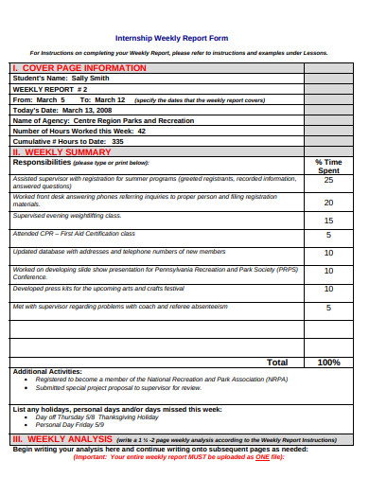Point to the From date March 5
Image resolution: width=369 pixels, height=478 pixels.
50,99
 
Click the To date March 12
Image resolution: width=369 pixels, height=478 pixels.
109,99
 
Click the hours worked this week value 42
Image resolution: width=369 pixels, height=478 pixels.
142,131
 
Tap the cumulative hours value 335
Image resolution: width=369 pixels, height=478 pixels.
117,141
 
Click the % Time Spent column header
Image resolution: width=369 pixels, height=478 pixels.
328,166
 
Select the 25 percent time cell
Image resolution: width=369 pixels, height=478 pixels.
328,180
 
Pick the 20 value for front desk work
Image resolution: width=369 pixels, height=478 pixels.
328,203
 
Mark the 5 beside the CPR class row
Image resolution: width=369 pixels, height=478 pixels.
328,235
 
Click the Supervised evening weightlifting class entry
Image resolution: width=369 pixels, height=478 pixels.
67,216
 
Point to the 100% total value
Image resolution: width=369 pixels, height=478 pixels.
328,362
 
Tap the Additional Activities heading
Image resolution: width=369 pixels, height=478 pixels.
48,371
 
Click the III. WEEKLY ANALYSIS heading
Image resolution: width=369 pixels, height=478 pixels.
61,440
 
